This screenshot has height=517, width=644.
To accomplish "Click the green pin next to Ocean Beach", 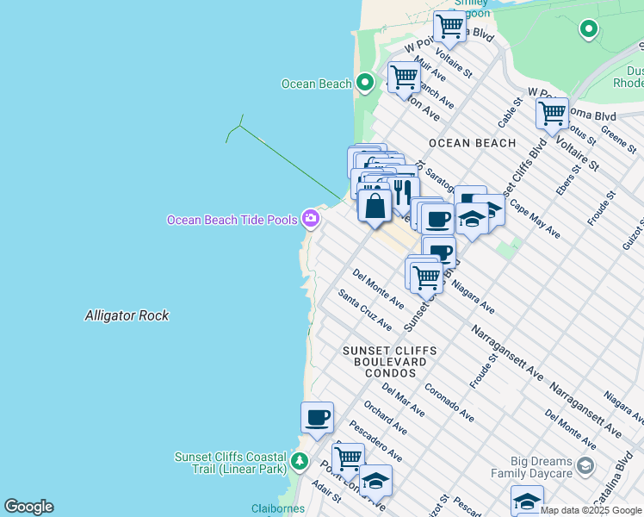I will point(364,84).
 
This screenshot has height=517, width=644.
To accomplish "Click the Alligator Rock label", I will point(127,316).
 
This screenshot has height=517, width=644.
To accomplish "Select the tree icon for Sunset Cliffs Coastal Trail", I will point(300,461).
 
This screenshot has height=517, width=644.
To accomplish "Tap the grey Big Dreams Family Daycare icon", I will point(585,467).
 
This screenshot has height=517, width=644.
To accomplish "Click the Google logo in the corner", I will point(28,507).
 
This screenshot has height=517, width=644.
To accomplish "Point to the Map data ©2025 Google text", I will point(591,510).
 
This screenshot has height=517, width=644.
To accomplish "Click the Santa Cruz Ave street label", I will point(365,310).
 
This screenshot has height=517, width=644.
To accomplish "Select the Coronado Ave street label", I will point(449,402).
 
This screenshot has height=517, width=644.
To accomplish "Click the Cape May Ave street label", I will point(535,219).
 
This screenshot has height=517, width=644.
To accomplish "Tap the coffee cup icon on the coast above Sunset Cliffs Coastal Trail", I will point(317,418).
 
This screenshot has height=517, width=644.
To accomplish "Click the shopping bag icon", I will point(375,207).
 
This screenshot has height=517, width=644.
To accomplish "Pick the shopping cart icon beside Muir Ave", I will point(403,77).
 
